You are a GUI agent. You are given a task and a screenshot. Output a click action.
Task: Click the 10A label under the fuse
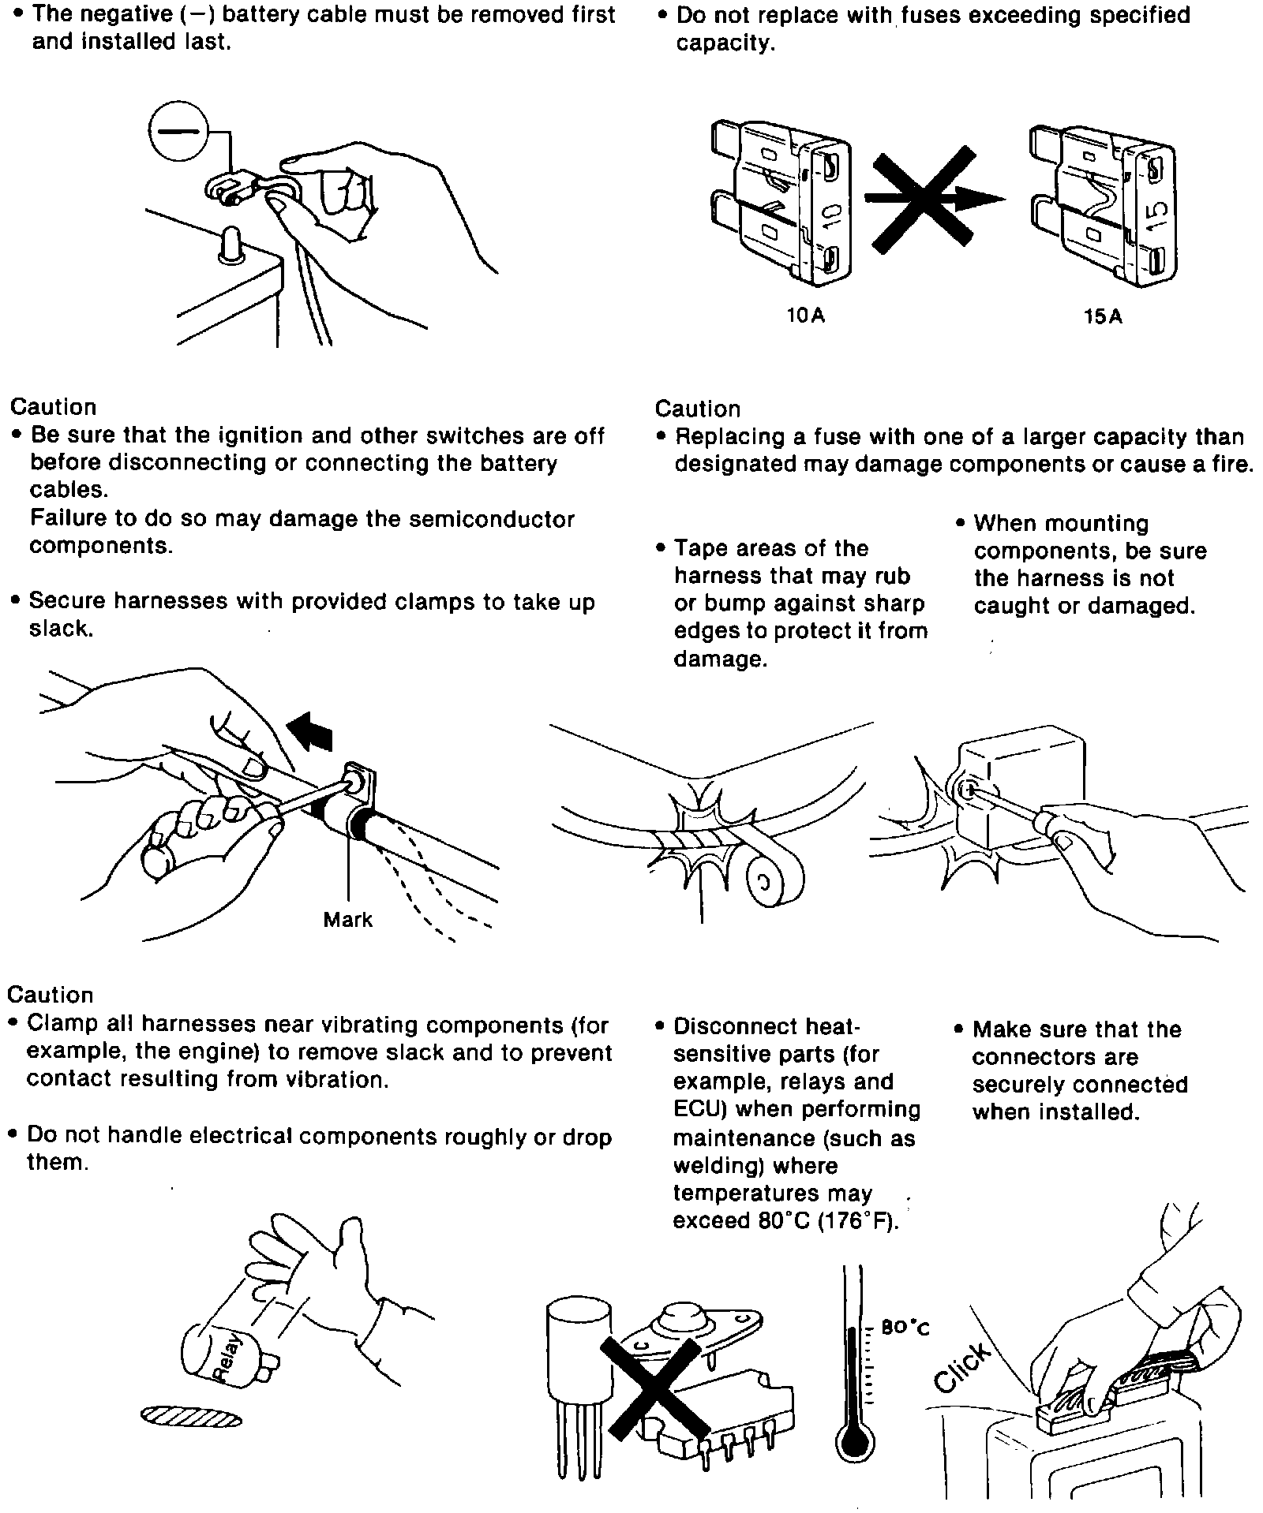click(805, 316)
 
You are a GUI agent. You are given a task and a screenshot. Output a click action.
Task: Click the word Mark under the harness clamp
click(347, 920)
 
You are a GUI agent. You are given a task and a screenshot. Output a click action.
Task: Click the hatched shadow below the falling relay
click(190, 1418)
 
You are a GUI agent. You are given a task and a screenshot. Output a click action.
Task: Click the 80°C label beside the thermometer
click(905, 1328)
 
